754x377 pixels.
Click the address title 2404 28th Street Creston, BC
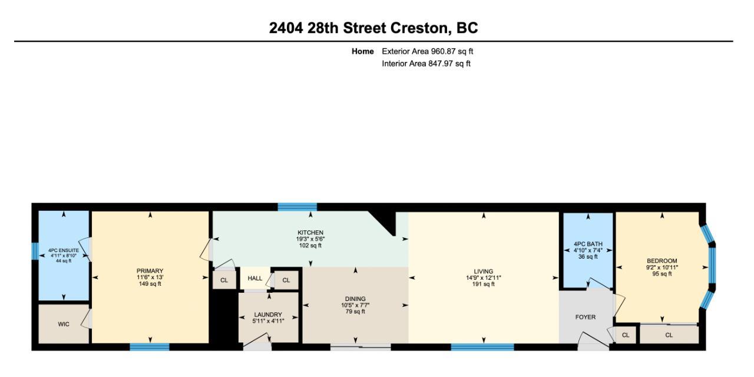click(x=373, y=28)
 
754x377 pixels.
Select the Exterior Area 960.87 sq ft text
click(x=427, y=51)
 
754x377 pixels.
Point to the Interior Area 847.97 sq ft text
click(x=426, y=64)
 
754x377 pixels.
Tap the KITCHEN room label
click(x=310, y=233)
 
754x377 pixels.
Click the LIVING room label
click(x=483, y=272)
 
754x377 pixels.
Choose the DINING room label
click(x=355, y=299)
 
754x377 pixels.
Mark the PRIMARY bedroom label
click(x=150, y=271)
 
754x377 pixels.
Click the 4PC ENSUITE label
click(x=64, y=250)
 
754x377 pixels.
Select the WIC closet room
click(x=64, y=324)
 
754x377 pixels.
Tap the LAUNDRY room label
click(x=268, y=315)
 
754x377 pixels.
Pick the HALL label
click(x=255, y=278)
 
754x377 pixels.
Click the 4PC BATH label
click(x=587, y=244)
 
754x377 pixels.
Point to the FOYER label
click(x=585, y=317)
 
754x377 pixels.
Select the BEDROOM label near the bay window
click(x=662, y=261)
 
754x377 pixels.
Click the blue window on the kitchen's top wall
click(x=297, y=207)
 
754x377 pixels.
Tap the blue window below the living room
click(x=482, y=347)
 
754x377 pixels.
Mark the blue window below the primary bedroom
click(x=149, y=347)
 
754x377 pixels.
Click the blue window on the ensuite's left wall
click(x=35, y=251)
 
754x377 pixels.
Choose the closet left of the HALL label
click(x=224, y=280)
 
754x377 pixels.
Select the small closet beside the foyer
click(x=625, y=335)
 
